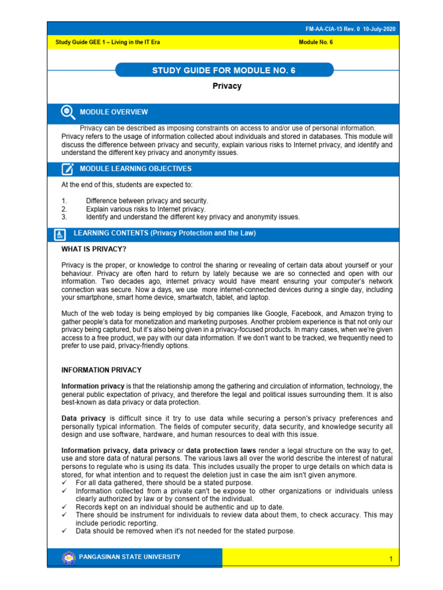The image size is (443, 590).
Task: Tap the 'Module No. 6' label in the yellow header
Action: coord(316,43)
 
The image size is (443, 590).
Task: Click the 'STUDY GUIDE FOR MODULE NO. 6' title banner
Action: coord(224,70)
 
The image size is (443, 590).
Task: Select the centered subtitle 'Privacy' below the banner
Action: coord(227,86)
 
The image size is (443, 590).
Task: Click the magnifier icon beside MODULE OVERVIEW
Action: coord(67,112)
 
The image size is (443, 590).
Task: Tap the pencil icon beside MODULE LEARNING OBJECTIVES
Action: coord(67,169)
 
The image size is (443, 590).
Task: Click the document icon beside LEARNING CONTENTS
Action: coord(59,235)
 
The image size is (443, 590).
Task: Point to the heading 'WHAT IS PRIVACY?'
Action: coord(93,249)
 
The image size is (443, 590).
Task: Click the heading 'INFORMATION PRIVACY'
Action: coord(102,370)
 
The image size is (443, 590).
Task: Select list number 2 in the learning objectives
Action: coord(64,209)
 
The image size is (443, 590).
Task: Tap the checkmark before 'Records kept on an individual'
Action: coord(65,507)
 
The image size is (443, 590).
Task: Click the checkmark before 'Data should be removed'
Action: coord(65,531)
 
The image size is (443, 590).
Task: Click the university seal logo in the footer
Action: coord(69,558)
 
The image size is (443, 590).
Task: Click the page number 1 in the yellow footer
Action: coord(391,560)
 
